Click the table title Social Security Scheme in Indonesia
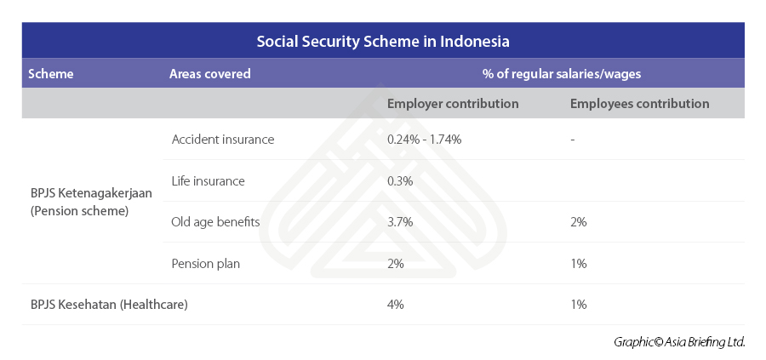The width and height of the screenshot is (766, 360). [383, 42]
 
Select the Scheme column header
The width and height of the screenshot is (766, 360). [51, 74]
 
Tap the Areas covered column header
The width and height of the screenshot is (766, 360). [210, 74]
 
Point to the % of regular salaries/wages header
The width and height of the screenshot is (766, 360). [562, 74]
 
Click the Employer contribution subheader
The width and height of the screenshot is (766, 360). [453, 104]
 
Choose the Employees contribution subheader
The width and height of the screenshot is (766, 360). [639, 104]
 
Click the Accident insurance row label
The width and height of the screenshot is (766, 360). [223, 140]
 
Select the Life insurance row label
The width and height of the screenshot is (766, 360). [209, 181]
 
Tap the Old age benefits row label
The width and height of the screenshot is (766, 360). [215, 222]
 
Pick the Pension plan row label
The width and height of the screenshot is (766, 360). [206, 264]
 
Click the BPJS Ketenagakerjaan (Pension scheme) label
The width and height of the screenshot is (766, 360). [91, 203]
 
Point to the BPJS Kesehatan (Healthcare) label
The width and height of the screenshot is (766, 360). [109, 305]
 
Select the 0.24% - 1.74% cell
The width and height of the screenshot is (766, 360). [425, 140]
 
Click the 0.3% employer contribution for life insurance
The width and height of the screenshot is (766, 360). [400, 181]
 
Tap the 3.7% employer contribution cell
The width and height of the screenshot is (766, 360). [400, 222]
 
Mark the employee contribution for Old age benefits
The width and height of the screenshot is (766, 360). [579, 222]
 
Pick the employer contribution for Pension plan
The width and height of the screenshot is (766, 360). [396, 264]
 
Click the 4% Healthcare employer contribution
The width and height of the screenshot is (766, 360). [396, 305]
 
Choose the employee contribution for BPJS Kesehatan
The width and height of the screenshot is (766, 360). [579, 305]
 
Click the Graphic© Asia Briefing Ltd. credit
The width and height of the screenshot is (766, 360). [679, 342]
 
